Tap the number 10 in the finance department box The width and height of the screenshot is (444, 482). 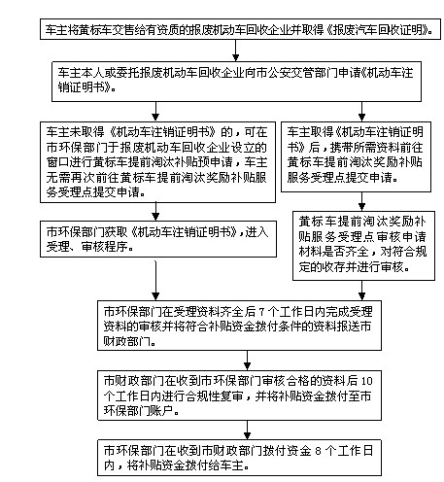[x=366, y=381]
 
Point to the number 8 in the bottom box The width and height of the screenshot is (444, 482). [x=319, y=451]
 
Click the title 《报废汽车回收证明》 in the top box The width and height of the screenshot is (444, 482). [x=379, y=30]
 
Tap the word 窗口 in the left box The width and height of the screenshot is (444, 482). [x=58, y=162]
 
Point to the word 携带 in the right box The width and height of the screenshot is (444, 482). [x=342, y=148]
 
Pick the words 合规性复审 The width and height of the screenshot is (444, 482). [x=215, y=396]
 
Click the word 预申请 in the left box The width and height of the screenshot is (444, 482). [x=216, y=162]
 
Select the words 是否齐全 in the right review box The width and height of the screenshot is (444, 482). [x=346, y=252]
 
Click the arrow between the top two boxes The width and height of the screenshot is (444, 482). [x=236, y=51]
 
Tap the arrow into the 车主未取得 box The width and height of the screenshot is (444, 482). [x=155, y=112]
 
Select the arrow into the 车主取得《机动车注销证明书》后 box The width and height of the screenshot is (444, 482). [x=361, y=112]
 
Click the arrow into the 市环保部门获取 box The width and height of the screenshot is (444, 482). [x=155, y=212]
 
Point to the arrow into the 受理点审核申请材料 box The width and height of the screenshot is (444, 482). [x=361, y=201]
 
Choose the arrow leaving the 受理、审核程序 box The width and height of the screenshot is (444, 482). [x=155, y=279]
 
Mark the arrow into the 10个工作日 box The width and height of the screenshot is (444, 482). [x=247, y=361]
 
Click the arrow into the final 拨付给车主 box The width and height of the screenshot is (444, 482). [x=247, y=430]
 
